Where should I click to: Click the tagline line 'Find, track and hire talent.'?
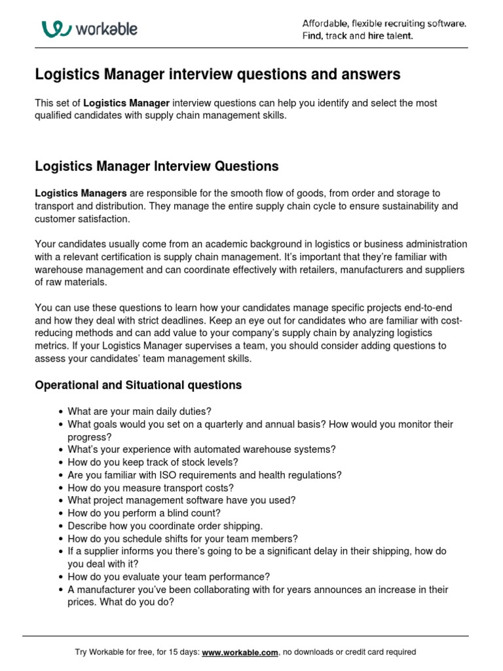tap(357, 36)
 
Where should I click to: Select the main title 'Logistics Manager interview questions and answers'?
tap(217, 75)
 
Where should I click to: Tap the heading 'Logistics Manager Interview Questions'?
tap(157, 166)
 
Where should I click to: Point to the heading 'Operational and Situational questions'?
tap(138, 385)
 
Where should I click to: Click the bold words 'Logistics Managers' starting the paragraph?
tap(81, 193)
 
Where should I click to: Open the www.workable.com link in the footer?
tap(240, 653)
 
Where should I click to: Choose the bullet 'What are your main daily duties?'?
tap(140, 412)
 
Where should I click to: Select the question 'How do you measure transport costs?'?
tap(150, 488)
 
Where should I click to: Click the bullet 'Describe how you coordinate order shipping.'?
tap(165, 526)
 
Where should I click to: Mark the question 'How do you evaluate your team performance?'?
tap(168, 577)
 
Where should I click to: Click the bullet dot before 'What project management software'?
tap(60, 501)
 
